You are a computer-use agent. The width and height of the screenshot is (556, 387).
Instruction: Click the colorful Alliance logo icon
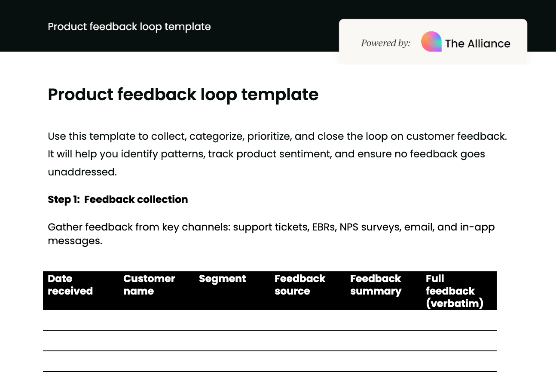point(431,42)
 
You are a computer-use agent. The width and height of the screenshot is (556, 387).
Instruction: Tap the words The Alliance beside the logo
point(477,43)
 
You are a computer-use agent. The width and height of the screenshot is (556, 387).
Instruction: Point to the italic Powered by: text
point(385,43)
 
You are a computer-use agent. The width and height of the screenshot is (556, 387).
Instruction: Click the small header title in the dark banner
point(129,27)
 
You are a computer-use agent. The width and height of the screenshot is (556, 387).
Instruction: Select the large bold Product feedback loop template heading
point(183,94)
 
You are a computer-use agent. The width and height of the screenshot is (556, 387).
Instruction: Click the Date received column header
point(70,285)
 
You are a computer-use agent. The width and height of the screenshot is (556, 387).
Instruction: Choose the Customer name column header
point(149,285)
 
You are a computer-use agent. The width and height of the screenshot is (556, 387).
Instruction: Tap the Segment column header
point(222,279)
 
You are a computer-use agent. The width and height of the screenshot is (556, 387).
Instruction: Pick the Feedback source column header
point(300,285)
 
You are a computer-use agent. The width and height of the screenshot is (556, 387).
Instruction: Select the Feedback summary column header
point(376,285)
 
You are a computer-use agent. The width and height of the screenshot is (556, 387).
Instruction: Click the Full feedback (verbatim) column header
point(454,291)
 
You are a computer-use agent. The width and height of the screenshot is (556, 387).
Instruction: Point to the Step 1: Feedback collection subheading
point(118,200)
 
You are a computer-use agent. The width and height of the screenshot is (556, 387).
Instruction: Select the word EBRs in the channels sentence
point(323,227)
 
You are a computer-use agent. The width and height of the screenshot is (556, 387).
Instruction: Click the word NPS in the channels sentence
point(349,227)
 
